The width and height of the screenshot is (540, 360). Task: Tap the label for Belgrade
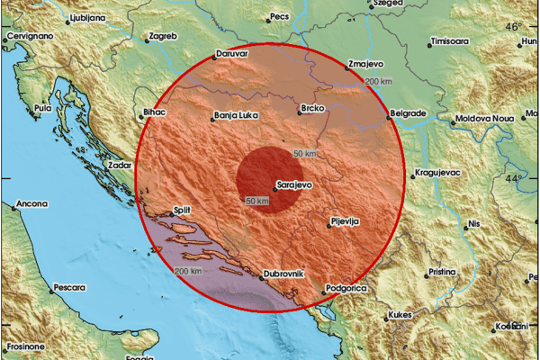(409, 114)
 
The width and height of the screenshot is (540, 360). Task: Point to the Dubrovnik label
(285, 274)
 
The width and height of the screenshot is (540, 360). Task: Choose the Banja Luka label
(235, 115)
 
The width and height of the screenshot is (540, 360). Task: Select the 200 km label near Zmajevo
(378, 82)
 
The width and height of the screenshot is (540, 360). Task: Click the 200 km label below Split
(188, 271)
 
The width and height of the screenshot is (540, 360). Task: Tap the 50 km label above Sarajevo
(305, 154)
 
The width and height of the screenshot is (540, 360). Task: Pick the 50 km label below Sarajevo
(256, 200)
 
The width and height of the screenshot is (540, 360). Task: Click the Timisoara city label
(451, 41)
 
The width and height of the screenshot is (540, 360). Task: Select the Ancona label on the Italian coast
(30, 204)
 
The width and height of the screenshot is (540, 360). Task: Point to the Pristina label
(441, 271)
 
